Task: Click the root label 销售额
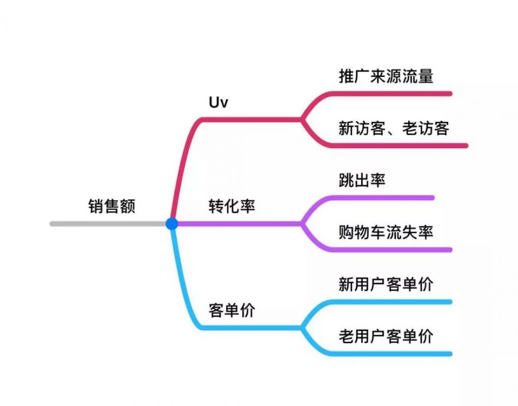[112, 206]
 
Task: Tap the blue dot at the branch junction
[172, 224]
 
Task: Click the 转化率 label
[232, 206]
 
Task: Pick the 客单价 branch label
[232, 310]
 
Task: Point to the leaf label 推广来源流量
[386, 77]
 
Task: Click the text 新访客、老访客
[393, 128]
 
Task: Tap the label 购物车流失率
[386, 232]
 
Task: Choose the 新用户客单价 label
[386, 284]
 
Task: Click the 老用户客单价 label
[386, 337]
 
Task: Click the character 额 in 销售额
[128, 206]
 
